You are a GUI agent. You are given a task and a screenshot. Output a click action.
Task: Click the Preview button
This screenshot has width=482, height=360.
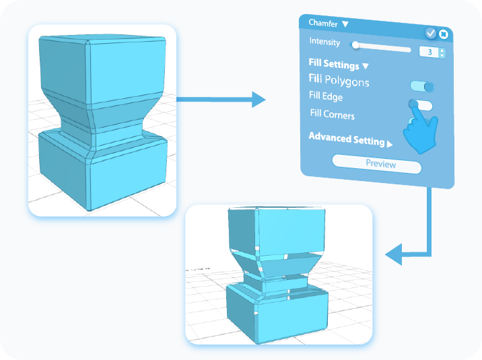(x=377, y=164)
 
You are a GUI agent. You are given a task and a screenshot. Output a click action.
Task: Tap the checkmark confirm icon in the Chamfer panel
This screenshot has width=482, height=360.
(x=431, y=33)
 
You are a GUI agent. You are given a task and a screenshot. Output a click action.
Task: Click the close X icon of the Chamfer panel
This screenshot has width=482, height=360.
(x=444, y=34)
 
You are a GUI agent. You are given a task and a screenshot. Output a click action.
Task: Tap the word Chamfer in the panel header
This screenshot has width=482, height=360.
(x=323, y=23)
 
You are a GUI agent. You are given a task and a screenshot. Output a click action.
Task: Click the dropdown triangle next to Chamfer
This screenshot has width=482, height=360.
(x=345, y=24)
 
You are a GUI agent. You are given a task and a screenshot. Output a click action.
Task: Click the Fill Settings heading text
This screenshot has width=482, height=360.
(x=333, y=65)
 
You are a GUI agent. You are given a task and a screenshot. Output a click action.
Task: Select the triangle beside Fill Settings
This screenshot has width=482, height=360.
(x=366, y=66)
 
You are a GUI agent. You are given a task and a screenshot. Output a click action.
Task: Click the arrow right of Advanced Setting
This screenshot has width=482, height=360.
(x=390, y=143)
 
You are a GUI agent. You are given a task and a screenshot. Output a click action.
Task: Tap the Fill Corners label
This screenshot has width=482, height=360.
(x=332, y=114)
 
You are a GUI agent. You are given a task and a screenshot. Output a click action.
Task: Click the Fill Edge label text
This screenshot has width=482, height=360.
(x=326, y=97)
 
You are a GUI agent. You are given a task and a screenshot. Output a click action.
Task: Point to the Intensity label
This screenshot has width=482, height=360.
(x=324, y=42)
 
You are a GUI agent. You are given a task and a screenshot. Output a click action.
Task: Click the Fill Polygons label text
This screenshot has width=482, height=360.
(x=339, y=81)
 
